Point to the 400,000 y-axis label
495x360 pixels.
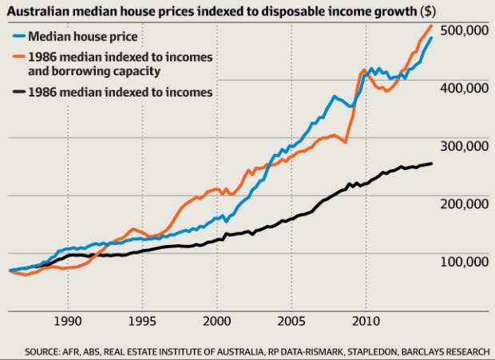click(462, 88)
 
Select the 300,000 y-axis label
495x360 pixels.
click(462, 146)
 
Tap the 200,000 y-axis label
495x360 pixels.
click(462, 204)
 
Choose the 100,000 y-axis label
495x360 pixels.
click(462, 261)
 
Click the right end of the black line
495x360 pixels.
click(433, 164)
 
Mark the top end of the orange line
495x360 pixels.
click(432, 26)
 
